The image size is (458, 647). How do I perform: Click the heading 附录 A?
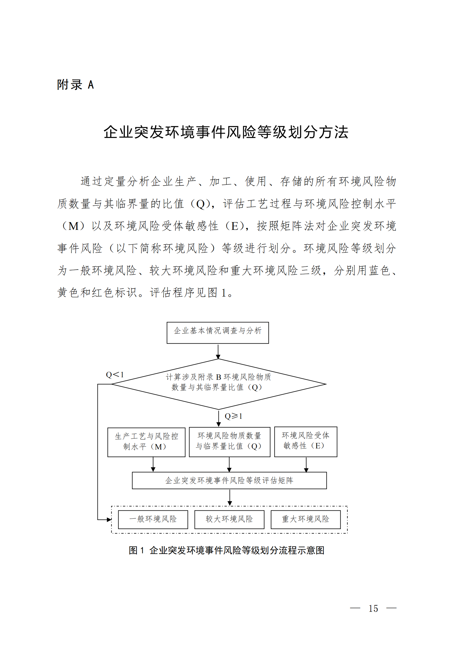pos(75,85)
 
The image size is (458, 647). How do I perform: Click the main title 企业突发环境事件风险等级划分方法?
pos(226,132)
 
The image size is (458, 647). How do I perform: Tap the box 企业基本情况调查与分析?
pos(217,333)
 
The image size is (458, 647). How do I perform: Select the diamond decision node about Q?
pos(218,384)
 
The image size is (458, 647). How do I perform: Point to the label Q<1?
pos(115,375)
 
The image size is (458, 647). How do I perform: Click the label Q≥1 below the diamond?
pos(233,416)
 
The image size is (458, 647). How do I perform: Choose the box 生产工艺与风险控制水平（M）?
pos(146,441)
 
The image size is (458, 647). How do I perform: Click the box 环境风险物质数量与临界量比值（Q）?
pos(229,441)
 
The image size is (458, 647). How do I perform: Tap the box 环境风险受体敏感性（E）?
pos(305,441)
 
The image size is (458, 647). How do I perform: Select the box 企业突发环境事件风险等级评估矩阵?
pos(229,480)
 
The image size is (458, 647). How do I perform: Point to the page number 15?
pos(373,609)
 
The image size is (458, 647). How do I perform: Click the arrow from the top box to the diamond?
pos(218,351)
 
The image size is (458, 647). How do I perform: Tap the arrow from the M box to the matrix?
pos(153,464)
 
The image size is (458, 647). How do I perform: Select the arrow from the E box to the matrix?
pos(306,464)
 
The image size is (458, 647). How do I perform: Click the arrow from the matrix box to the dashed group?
pos(230,498)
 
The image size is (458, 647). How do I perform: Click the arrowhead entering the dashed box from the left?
pos(109,520)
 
